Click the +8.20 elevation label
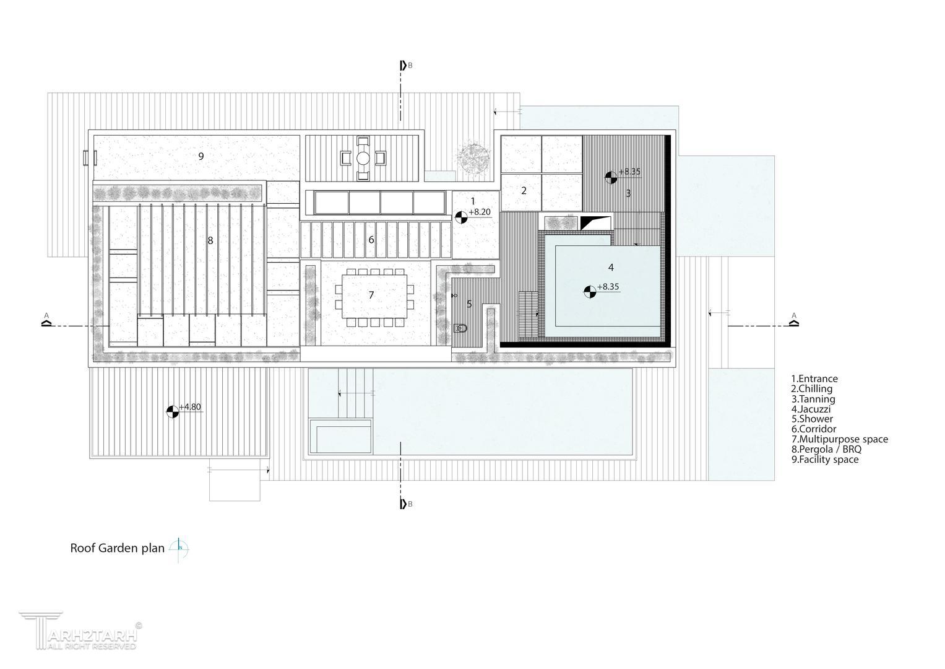click(x=480, y=212)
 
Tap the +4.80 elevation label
click(x=190, y=407)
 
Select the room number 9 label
click(x=201, y=156)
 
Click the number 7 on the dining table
click(x=371, y=295)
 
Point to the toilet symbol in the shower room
click(x=460, y=328)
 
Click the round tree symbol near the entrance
click(x=473, y=159)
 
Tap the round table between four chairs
click(x=363, y=159)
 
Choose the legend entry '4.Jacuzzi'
click(x=811, y=409)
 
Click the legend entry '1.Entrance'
click(x=814, y=378)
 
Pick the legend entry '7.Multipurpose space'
click(x=840, y=439)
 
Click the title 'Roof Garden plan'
click(x=118, y=548)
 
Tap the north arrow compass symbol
click(x=179, y=549)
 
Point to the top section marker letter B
click(x=410, y=66)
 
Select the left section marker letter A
click(x=46, y=315)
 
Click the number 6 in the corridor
click(x=371, y=240)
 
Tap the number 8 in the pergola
click(x=210, y=241)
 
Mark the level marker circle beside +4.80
click(x=173, y=412)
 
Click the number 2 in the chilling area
click(x=524, y=191)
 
